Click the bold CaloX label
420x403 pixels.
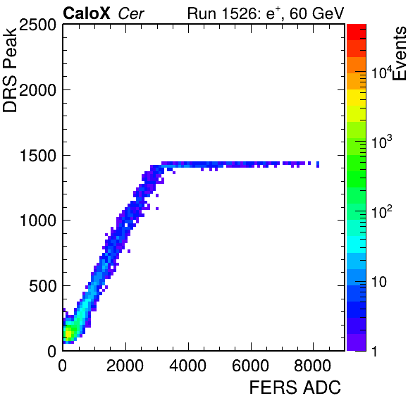(87, 13)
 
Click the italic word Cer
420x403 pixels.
(131, 13)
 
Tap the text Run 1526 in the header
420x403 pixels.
(223, 13)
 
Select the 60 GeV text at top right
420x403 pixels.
(316, 13)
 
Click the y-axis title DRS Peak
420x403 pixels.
(10, 69)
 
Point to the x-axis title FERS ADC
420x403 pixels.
(295, 387)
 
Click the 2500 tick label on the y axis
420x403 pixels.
(37, 25)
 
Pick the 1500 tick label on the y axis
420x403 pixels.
(38, 155)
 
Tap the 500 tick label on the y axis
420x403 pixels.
(42, 286)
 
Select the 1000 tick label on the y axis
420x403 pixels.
(38, 221)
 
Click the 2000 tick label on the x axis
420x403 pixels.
(125, 366)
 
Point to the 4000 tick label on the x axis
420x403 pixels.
(187, 366)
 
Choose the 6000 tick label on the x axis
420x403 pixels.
(250, 366)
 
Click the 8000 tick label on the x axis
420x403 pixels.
(313, 366)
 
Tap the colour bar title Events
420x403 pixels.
(400, 54)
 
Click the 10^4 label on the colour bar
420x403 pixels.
(382, 72)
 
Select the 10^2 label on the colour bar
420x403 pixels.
(382, 211)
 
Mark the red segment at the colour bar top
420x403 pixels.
(357, 32)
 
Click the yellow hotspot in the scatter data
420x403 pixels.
(68, 334)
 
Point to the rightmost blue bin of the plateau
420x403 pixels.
(318, 164)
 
